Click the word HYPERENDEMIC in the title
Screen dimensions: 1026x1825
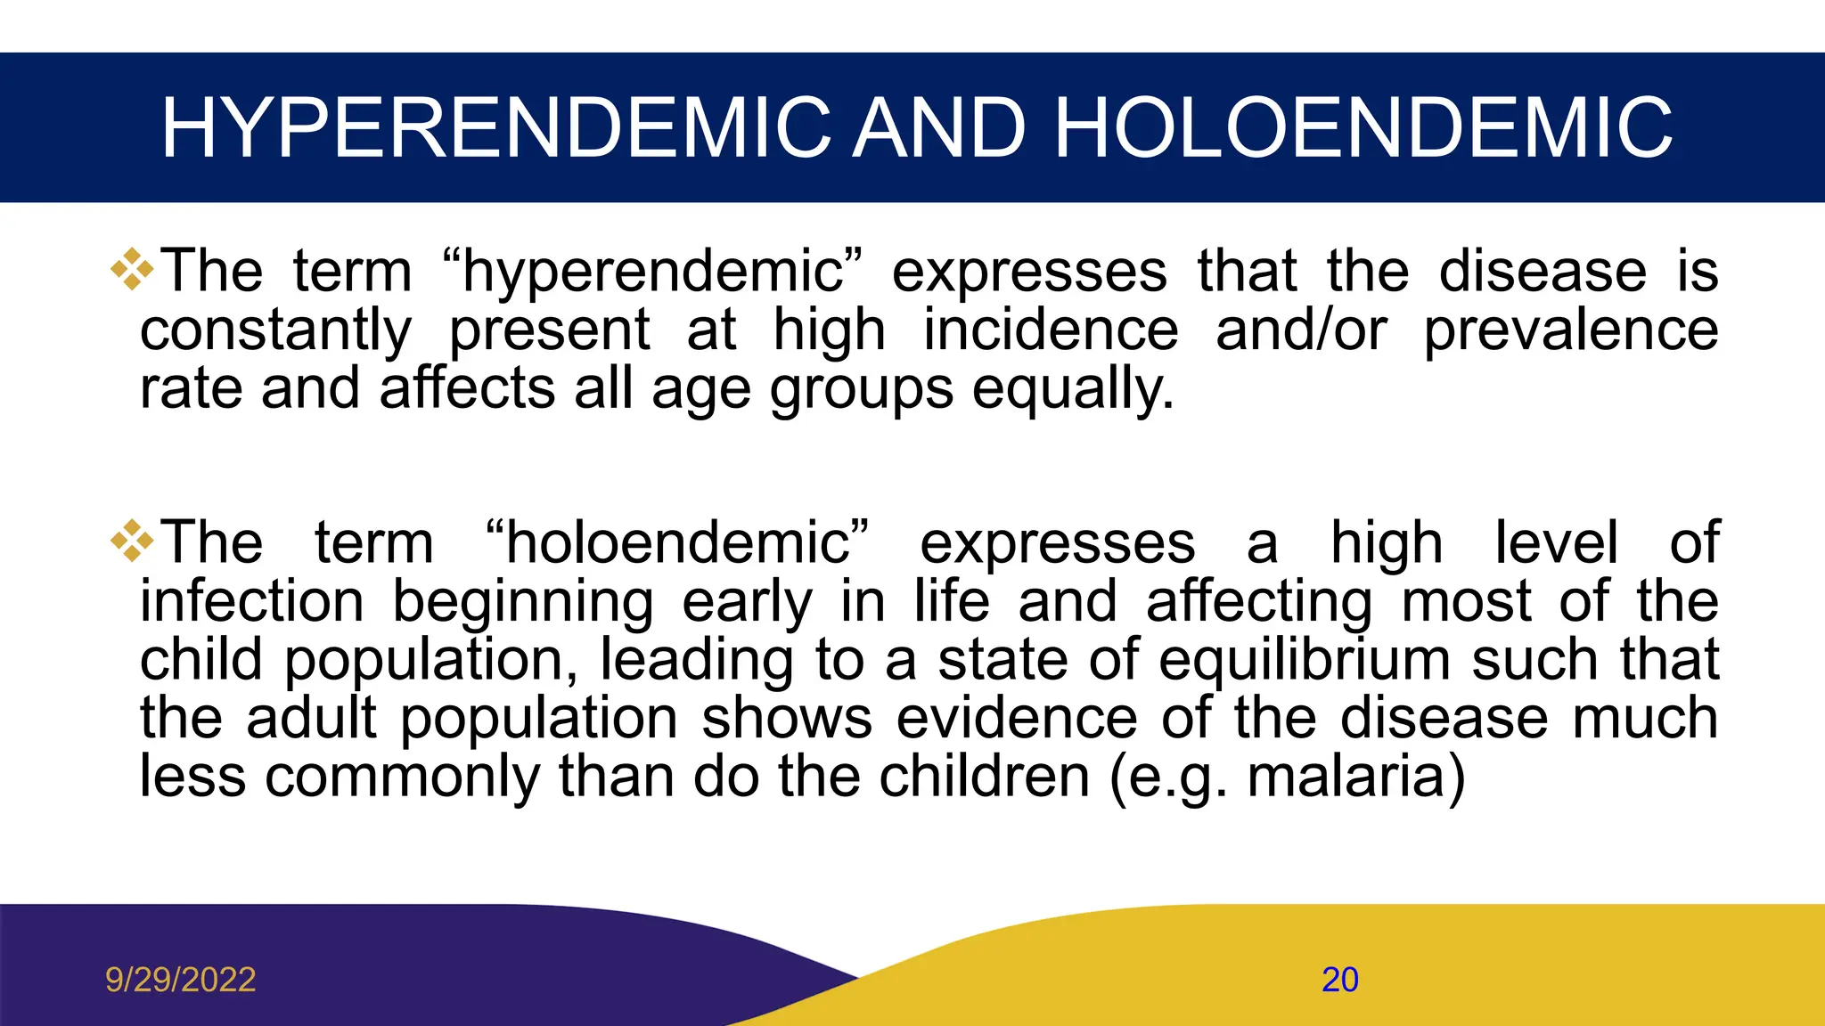tap(495, 128)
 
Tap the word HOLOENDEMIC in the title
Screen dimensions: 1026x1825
tap(1363, 128)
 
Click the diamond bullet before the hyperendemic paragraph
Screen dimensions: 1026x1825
tap(132, 269)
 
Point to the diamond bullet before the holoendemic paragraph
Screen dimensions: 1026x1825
tap(132, 541)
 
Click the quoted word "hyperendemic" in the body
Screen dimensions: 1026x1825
tap(652, 272)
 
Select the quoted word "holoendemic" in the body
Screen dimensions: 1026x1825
tap(677, 543)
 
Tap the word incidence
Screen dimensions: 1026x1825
tap(1051, 330)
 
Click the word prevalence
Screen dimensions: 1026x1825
tap(1570, 330)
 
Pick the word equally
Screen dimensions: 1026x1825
tap(1073, 390)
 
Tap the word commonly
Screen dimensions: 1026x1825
tap(402, 777)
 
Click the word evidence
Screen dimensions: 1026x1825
tap(1016, 718)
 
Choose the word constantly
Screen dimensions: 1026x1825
tap(276, 330)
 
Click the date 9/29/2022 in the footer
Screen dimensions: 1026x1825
tap(180, 980)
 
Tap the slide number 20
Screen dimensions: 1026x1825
tap(1339, 980)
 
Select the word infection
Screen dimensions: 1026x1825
tap(252, 602)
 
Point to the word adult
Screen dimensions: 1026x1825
tap(312, 718)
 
